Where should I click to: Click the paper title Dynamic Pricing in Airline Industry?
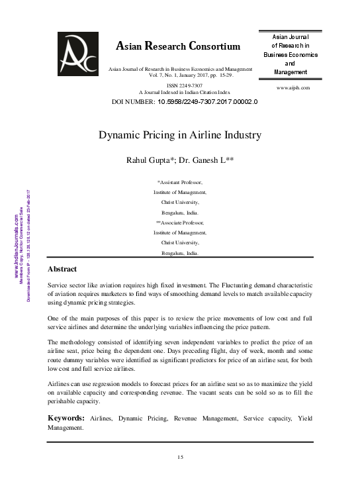(x=180, y=135)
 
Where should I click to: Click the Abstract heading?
(x=62, y=270)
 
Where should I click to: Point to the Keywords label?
(x=66, y=418)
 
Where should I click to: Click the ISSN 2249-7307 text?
(x=181, y=85)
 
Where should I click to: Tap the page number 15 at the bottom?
(x=179, y=457)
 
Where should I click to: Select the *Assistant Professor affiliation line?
(x=180, y=181)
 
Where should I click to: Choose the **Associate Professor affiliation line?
(x=180, y=224)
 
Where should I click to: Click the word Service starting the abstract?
(x=60, y=283)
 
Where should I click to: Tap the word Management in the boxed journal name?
(x=285, y=72)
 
